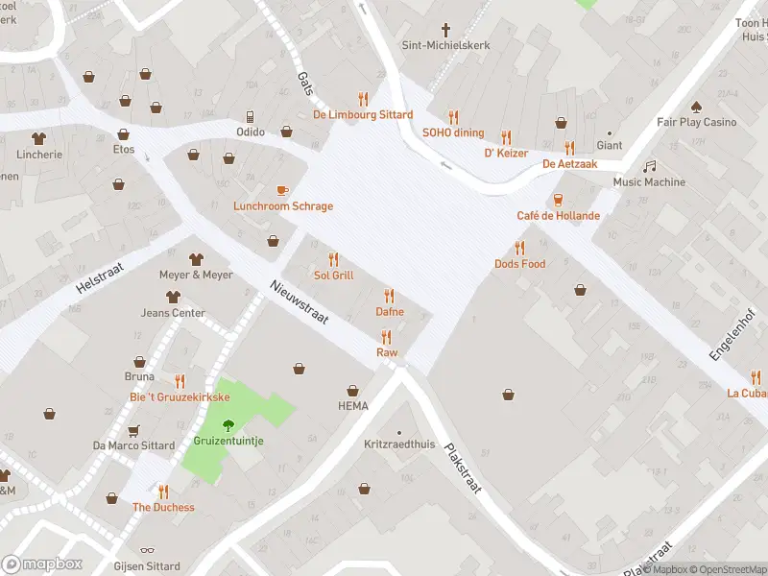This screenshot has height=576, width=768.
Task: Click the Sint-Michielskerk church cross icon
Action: pos(445,29)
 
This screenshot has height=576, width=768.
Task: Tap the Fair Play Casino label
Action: pos(696,122)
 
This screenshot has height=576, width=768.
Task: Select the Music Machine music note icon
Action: pos(650,166)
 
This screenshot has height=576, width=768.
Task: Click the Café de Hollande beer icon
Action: pos(558,199)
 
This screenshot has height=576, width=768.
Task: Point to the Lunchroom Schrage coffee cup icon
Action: pos(282,190)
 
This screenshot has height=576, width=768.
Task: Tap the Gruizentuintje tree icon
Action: pos(228,425)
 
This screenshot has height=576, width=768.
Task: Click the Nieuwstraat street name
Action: pos(300,302)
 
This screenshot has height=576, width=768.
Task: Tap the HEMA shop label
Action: pos(352,406)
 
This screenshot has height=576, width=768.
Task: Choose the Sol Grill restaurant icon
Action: pos(333,259)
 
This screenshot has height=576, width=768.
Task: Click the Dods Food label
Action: pos(519,264)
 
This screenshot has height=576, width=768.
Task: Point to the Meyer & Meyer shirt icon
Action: pos(196,259)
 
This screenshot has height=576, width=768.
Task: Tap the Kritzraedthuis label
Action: pos(399,445)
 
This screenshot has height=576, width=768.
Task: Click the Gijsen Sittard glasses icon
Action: pos(147,552)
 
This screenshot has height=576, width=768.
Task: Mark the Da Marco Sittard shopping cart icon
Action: pos(133,430)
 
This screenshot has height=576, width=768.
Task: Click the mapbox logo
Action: pos(41,564)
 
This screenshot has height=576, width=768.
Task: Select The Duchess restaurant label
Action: pos(163,508)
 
